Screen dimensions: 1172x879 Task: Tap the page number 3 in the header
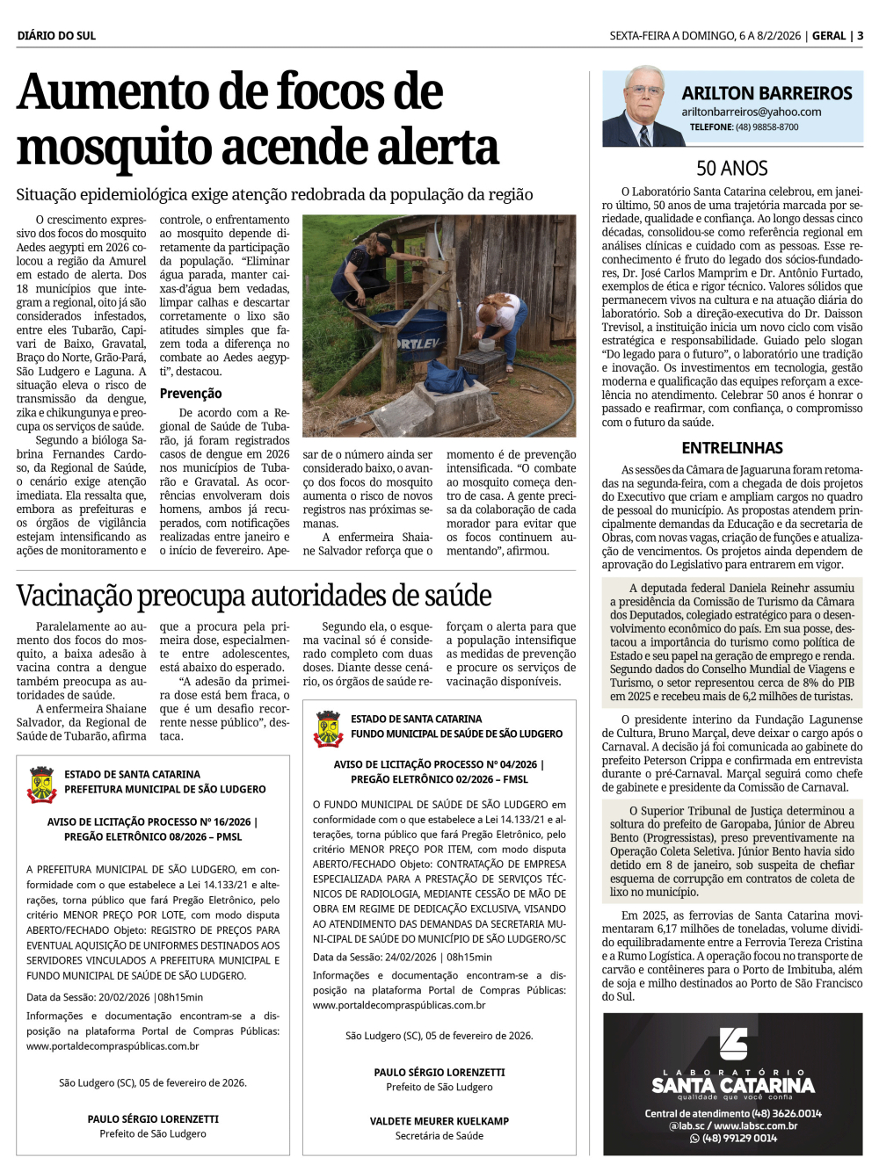[860, 36]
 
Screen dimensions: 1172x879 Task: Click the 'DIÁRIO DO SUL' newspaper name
[56, 36]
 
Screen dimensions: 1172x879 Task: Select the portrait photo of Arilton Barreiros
[639, 108]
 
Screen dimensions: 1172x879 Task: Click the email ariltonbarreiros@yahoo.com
[751, 112]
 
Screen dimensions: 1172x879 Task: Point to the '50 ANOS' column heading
[731, 169]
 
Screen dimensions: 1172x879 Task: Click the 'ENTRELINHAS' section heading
[731, 448]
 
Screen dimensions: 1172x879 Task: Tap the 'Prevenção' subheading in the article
[191, 394]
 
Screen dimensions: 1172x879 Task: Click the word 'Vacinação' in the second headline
[76, 596]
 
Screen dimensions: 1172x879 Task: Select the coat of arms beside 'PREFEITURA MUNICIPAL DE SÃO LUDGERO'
[41, 784]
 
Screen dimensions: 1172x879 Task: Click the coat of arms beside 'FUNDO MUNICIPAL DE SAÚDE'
[328, 728]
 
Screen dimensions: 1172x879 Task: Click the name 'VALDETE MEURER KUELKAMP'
[439, 1121]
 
